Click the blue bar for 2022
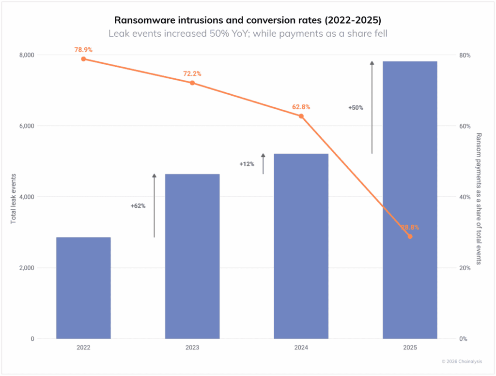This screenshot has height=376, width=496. pos(83,288)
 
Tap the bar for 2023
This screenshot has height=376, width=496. pos(192,256)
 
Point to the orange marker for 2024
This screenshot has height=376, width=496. pos(301,116)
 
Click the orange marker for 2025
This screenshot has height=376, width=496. pos(410,236)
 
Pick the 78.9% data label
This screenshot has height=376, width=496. pos(83,50)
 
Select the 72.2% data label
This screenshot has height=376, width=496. pos(192,74)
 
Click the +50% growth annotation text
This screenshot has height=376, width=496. pos(356,108)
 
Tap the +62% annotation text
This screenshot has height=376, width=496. pos(138,206)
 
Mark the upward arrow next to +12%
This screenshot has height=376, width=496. pos(263,164)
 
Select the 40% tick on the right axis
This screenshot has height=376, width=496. pos(465,197)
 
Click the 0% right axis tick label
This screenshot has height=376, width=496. pos(464,339)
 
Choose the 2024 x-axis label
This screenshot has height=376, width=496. pos(301,347)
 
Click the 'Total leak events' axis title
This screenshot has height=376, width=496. pos(14,198)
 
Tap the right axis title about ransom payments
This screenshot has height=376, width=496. pos(479,198)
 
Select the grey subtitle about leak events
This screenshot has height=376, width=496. pos(248,33)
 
